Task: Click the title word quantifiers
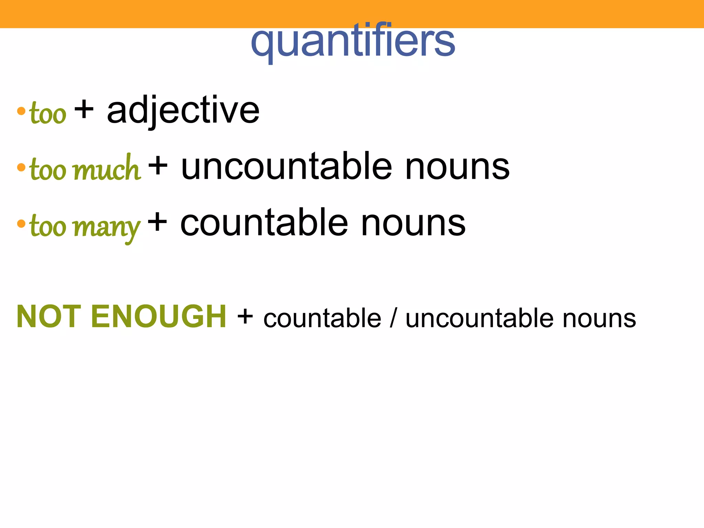353,42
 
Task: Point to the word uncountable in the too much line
286,167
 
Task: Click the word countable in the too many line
264,223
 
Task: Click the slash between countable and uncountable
393,318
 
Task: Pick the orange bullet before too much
21,167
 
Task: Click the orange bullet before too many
21,224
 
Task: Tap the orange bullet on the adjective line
21,111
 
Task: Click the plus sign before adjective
84,110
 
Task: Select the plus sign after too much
158,166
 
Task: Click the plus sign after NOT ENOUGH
245,317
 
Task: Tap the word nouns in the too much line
457,167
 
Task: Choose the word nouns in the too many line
413,223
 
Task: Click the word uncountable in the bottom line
479,318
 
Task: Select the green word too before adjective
48,113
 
